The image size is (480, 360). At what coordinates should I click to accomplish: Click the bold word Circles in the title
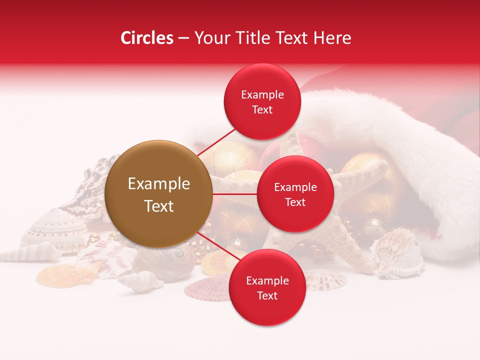[x=147, y=38]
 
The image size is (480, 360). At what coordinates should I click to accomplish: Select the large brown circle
[x=158, y=194]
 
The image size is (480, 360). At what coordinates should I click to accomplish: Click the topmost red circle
[x=262, y=101]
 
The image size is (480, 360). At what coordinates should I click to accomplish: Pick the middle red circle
[x=295, y=194]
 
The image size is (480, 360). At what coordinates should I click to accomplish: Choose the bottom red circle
[x=267, y=287]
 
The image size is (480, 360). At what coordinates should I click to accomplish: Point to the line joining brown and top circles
[x=216, y=142]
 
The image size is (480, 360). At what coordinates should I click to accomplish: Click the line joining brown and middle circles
[x=234, y=194]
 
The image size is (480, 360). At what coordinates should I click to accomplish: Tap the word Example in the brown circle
[x=159, y=184]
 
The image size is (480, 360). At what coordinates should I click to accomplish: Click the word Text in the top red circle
[x=262, y=109]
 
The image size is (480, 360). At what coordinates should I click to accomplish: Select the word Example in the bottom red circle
[x=267, y=280]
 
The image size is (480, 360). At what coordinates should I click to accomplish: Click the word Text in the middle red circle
[x=295, y=202]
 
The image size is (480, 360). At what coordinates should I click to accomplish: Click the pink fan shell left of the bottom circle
[x=206, y=289]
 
